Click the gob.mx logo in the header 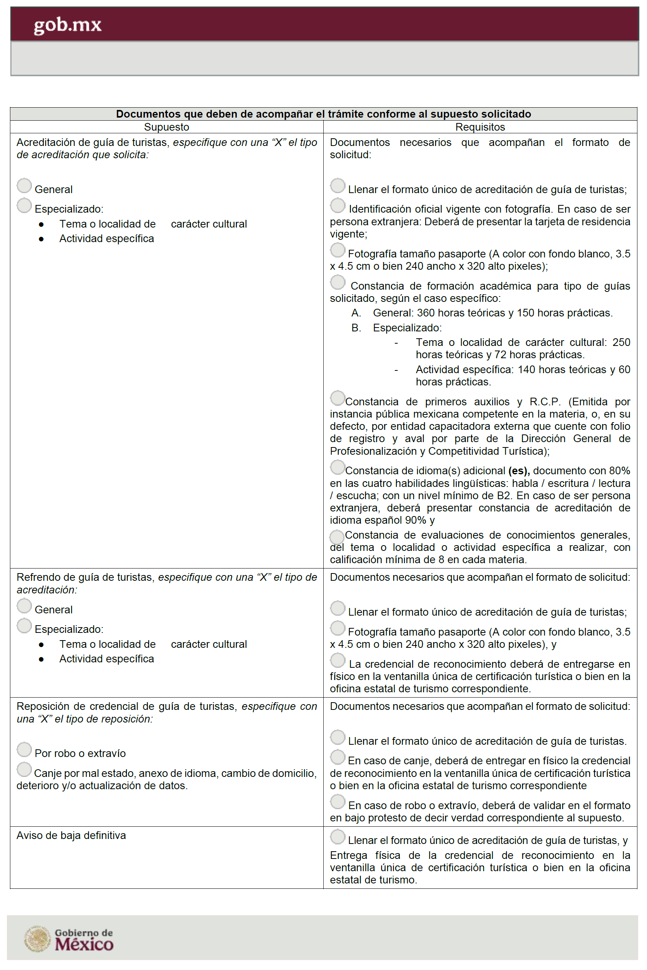pyautogui.click(x=67, y=25)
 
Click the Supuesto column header pyautogui.click(x=166, y=127)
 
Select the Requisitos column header pyautogui.click(x=480, y=127)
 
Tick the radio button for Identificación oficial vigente pyautogui.click(x=337, y=205)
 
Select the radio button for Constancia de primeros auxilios pyautogui.click(x=337, y=398)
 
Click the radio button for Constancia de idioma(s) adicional pyautogui.click(x=337, y=467)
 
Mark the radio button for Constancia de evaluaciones pyautogui.click(x=337, y=536)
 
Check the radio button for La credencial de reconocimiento pyautogui.click(x=337, y=660)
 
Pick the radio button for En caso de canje pyautogui.click(x=337, y=757)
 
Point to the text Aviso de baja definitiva pyautogui.click(x=71, y=836)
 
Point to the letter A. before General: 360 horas pyautogui.click(x=356, y=313)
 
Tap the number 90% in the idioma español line pyautogui.click(x=416, y=520)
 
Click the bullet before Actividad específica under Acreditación pyautogui.click(x=41, y=239)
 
